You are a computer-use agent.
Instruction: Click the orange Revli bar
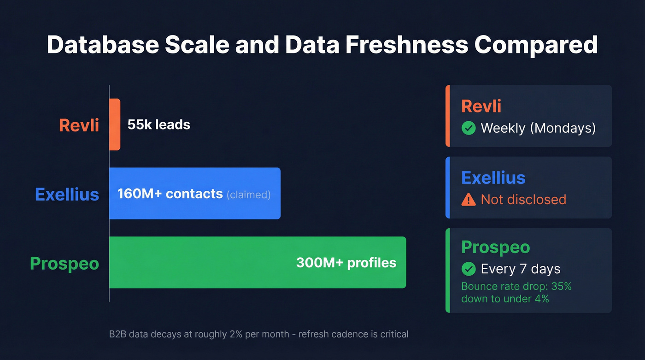pos(115,124)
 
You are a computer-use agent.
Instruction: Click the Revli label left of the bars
pos(79,125)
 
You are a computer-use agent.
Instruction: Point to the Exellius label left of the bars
pos(67,194)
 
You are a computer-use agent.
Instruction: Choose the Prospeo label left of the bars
pos(64,263)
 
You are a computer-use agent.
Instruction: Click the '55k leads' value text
pos(159,124)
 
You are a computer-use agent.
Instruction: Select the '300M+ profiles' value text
pos(346,263)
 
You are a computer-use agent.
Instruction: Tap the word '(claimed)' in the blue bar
pos(248,195)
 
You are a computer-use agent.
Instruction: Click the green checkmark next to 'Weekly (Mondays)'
pos(469,128)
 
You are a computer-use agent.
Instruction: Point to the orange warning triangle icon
pos(469,199)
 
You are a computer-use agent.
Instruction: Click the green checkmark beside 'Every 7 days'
pos(469,268)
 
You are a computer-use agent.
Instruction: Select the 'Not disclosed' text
pos(523,199)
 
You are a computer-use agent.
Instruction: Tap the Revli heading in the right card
pos(481,106)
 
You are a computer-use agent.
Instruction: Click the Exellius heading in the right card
pos(493,177)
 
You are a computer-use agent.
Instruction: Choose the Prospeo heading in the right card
pos(496,247)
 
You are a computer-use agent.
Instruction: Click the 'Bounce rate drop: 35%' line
pos(516,286)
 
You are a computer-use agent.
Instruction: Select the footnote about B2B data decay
pos(258,334)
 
